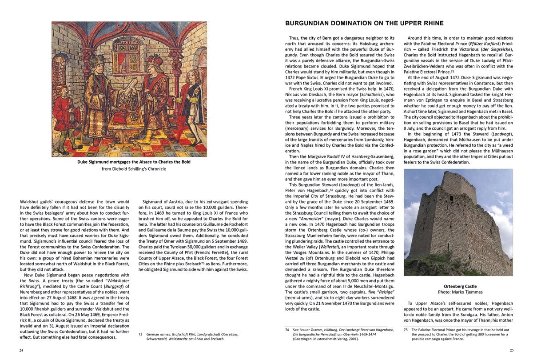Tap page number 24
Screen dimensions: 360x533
[21, 350]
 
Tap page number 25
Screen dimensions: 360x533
[512, 350]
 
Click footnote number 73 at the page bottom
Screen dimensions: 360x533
[141, 333]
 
